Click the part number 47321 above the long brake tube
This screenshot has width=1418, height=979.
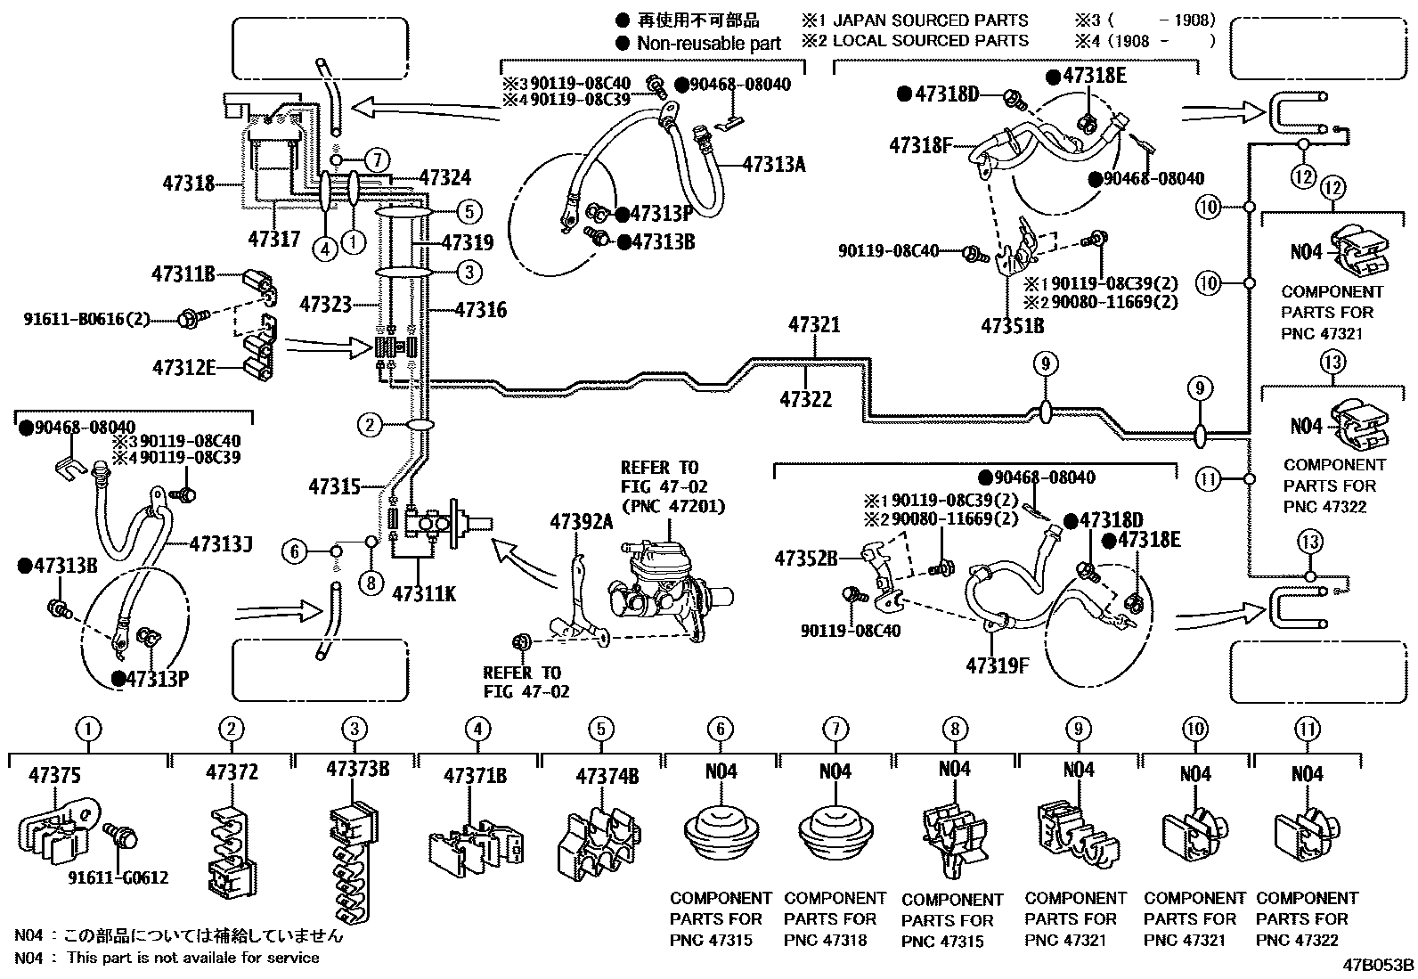[813, 325]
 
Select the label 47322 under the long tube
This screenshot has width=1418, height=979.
[805, 400]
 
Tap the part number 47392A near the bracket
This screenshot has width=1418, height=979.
[581, 522]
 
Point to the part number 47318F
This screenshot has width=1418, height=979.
[920, 145]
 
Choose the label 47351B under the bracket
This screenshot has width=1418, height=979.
[1012, 326]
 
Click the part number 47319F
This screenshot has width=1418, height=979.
[997, 665]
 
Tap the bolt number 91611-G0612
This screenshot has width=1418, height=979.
[118, 878]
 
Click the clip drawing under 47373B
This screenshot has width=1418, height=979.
[353, 860]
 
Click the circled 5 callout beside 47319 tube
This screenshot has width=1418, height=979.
[469, 212]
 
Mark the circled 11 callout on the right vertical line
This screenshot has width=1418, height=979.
[1207, 479]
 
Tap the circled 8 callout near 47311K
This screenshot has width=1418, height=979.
[371, 584]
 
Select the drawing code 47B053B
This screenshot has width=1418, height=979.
[1379, 965]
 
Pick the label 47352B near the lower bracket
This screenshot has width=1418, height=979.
[805, 559]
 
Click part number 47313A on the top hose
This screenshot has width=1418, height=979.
[773, 164]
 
